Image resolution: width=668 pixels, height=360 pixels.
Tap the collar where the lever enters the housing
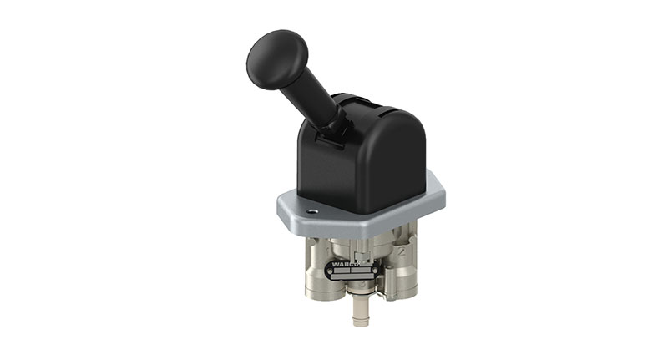coord(336,124)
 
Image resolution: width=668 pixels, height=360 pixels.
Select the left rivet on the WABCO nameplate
coord(330,271)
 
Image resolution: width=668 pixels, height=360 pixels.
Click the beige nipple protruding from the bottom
coord(360,313)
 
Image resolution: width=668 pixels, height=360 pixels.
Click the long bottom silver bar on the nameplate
coord(352,276)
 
